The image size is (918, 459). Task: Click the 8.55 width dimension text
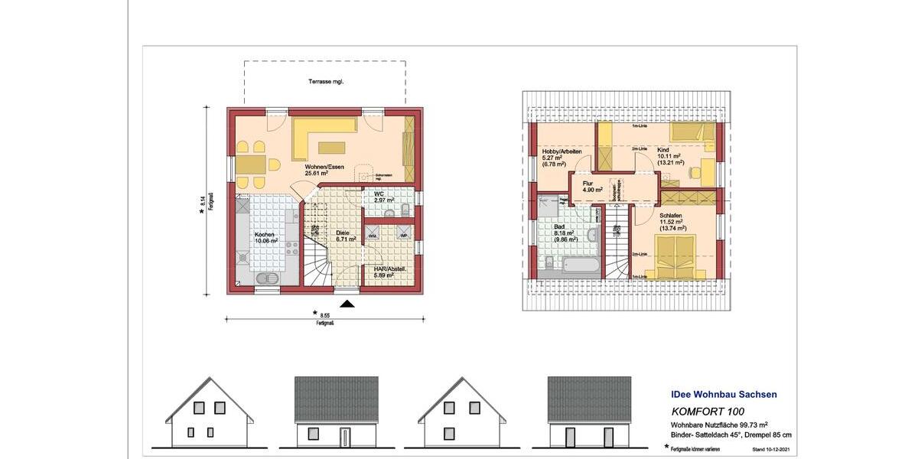tap(325, 314)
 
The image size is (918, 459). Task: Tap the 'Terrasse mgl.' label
tap(325, 80)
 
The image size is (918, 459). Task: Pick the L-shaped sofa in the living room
tap(321, 134)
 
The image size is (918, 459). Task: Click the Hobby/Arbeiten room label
tap(562, 155)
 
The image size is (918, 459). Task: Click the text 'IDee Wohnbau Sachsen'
tap(718, 395)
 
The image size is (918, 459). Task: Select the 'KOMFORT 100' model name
tap(702, 412)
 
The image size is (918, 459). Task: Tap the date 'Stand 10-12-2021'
tap(770, 448)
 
